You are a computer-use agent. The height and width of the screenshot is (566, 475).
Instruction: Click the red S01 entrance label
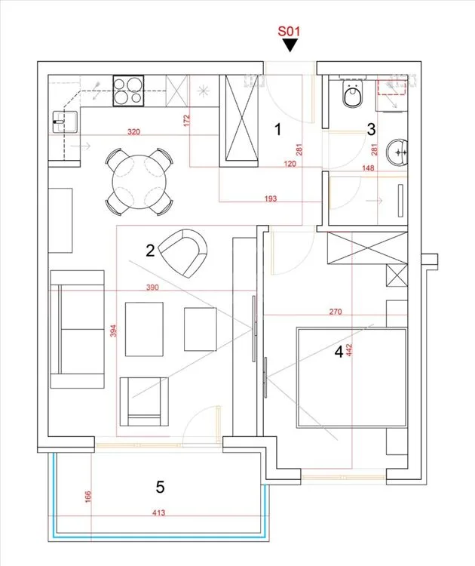click(289, 31)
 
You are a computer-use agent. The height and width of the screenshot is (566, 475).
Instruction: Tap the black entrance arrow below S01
click(290, 45)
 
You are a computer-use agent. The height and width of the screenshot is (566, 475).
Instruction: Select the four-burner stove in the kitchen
click(128, 91)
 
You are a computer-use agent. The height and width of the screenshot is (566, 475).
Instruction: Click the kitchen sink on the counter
click(65, 122)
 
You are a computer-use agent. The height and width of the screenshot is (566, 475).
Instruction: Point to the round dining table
click(139, 182)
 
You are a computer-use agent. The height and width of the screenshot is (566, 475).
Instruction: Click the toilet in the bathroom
click(352, 94)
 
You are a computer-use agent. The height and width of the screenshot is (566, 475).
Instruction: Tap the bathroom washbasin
click(397, 152)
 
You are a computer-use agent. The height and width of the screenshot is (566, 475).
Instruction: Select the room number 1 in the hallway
click(277, 129)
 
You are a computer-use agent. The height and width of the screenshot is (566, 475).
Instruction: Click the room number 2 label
click(150, 250)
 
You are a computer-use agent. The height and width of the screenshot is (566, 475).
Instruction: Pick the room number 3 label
click(371, 129)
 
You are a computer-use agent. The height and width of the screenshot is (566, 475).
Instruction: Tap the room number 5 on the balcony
click(160, 487)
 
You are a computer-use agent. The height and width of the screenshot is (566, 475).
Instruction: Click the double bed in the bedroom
click(351, 377)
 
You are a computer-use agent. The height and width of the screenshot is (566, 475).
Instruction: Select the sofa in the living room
click(77, 329)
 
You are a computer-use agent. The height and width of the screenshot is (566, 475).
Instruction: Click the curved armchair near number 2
click(183, 253)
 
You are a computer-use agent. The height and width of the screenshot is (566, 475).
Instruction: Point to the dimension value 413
click(158, 512)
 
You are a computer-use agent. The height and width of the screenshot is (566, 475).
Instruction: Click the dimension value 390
click(152, 288)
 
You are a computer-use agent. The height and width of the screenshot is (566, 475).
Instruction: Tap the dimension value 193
click(271, 198)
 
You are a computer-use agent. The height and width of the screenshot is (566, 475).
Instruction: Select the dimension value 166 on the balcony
click(88, 497)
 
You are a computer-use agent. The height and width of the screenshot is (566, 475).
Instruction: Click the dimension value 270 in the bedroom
click(336, 312)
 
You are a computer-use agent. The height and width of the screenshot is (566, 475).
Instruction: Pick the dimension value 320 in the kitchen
click(133, 132)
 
